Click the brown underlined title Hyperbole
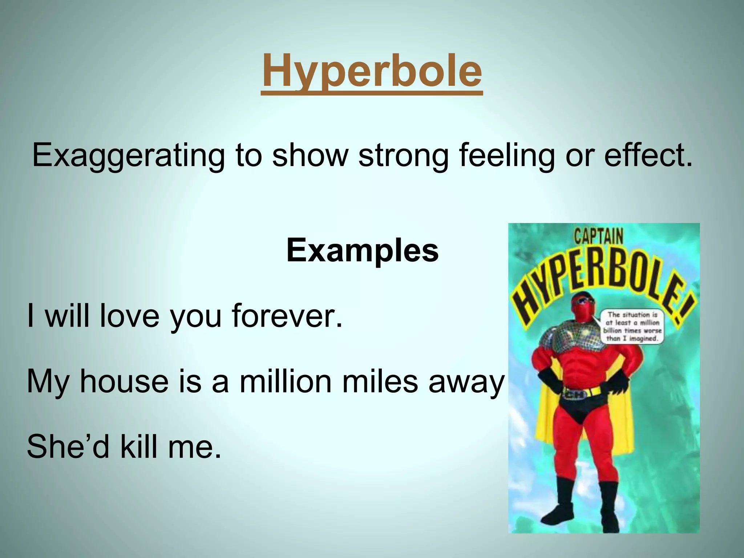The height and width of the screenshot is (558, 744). point(372,71)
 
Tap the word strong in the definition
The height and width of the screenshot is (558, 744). point(403,155)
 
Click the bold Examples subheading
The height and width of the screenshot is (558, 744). point(362,250)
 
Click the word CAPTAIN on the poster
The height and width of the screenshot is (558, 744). point(598,237)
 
